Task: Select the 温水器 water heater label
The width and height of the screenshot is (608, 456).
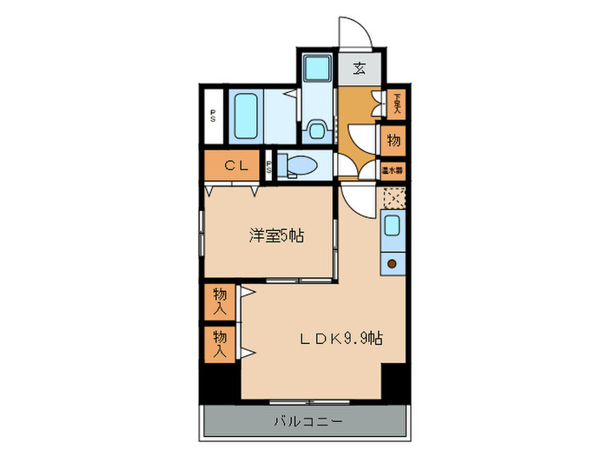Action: [393, 170]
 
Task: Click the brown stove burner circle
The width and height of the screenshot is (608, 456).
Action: [392, 262]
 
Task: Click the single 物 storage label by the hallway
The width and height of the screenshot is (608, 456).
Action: [393, 140]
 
